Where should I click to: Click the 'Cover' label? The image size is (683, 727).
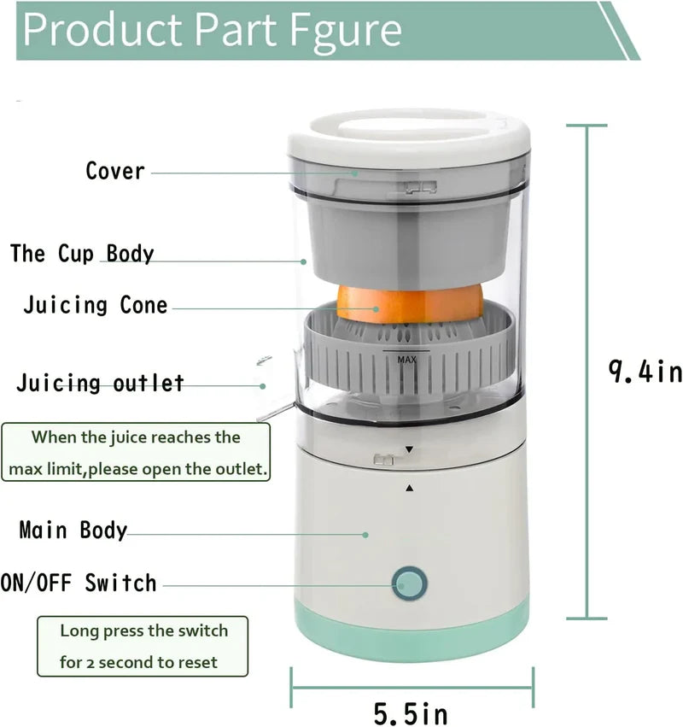pyautogui.click(x=115, y=171)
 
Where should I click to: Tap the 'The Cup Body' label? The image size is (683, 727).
pyautogui.click(x=82, y=254)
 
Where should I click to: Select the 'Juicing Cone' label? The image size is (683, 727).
pyautogui.click(x=96, y=305)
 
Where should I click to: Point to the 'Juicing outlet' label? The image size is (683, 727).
pyautogui.click(x=100, y=383)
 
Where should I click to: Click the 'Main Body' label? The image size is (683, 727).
pyautogui.click(x=73, y=530)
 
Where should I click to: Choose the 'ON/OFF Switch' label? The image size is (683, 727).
pyautogui.click(x=79, y=583)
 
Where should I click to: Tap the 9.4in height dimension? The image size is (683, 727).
pyautogui.click(x=645, y=372)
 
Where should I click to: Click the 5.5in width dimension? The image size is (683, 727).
pyautogui.click(x=411, y=712)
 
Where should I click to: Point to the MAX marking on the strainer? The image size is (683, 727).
pyautogui.click(x=406, y=360)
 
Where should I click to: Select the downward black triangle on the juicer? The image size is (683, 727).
pyautogui.click(x=409, y=449)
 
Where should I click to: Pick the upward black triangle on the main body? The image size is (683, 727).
pyautogui.click(x=409, y=488)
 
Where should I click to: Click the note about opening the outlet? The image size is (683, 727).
pyautogui.click(x=137, y=453)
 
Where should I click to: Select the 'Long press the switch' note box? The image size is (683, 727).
pyautogui.click(x=143, y=646)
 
